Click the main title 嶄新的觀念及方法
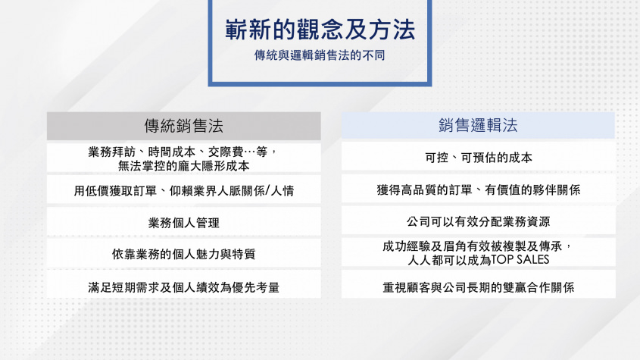320,30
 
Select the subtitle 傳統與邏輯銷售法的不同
320,55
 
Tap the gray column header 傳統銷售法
184,126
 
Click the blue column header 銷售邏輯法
478,125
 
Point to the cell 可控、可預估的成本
479,158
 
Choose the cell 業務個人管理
184,223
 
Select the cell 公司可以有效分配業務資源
479,221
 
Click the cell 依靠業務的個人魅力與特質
184,254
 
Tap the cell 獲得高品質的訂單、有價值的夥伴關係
479,189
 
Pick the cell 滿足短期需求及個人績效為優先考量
184,287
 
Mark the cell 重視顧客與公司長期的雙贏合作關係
479,287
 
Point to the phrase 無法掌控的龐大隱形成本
184,166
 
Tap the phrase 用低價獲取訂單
115,190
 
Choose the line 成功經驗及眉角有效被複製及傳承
473,246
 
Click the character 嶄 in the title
236,30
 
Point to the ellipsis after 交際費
249,152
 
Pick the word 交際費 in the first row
226,152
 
